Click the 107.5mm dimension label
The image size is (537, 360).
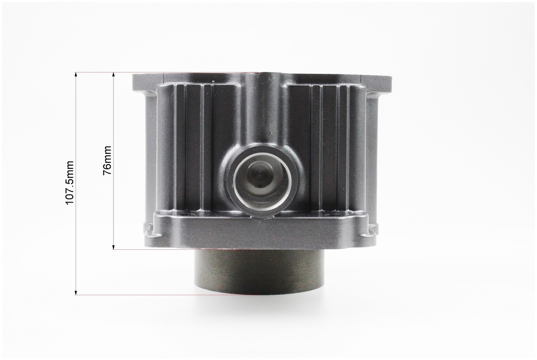coord(70,183)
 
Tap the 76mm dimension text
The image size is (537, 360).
coord(107,161)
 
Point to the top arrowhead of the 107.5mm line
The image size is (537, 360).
coord(76,75)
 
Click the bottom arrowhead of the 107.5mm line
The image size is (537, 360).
coord(76,292)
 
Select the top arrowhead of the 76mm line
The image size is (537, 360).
coord(113,75)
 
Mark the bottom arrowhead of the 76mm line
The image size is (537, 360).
coord(113,247)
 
